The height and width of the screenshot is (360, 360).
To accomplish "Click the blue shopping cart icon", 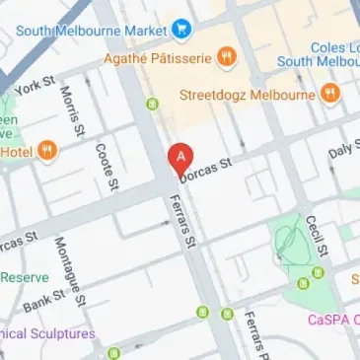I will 180,29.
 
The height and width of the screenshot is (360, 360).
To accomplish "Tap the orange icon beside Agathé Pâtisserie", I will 227,57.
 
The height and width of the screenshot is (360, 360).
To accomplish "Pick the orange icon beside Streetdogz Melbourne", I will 328,95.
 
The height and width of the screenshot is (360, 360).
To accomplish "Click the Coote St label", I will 107,165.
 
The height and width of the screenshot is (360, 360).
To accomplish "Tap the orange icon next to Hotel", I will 46,151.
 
